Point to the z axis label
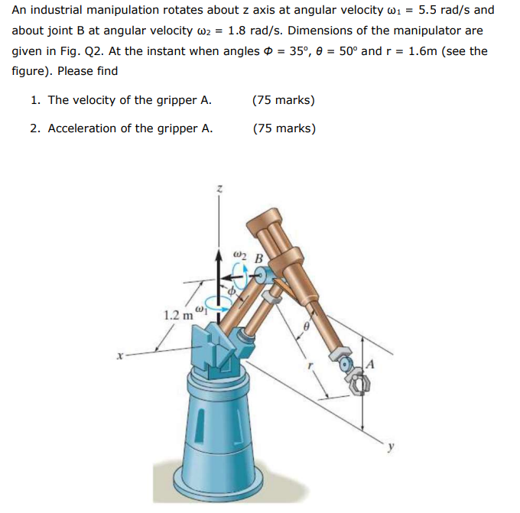pos(220,188)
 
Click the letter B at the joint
pos(258,258)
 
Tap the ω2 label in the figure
pos(239,254)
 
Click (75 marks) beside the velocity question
pos(284,100)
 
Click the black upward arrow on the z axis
pos(220,268)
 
